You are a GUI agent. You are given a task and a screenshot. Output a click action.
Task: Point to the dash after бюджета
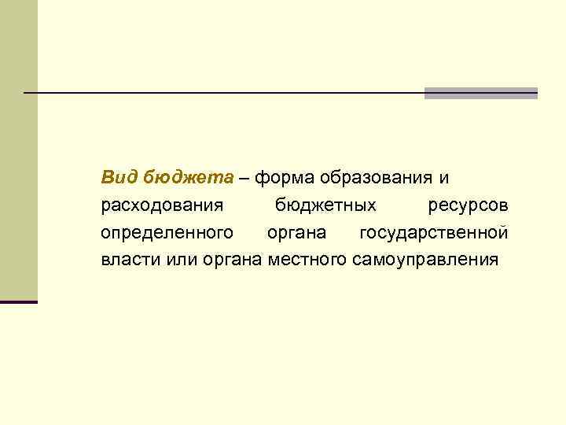pyautogui.click(x=244, y=179)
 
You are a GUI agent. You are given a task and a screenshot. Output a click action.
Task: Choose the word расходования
pyautogui.click(x=163, y=206)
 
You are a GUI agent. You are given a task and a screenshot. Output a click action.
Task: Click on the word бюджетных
pyautogui.click(x=325, y=206)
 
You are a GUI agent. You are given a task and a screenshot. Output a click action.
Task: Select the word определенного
pyautogui.click(x=167, y=233)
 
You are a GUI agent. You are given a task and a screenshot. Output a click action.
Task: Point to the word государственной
pyautogui.click(x=433, y=233)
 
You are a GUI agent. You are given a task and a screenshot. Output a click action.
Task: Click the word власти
pyautogui.click(x=127, y=260)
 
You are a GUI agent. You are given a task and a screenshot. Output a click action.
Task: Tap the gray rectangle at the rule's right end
pyautogui.click(x=481, y=93)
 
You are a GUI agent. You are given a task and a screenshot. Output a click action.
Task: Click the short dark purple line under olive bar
pyautogui.click(x=19, y=301)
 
